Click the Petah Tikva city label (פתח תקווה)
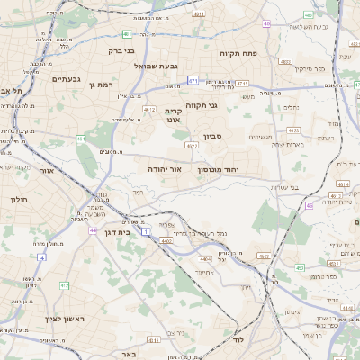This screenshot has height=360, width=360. (x=238, y=54)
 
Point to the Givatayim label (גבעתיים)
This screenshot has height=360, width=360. (x=43, y=79)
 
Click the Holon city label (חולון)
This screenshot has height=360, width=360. (x=20, y=199)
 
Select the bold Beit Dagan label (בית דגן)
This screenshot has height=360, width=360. (x=112, y=231)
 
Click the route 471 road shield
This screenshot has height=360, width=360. (x=193, y=82)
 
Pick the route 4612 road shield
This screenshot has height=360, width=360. (x=148, y=110)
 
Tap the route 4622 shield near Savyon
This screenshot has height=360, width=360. (x=191, y=145)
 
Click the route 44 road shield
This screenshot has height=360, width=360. (x=93, y=230)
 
